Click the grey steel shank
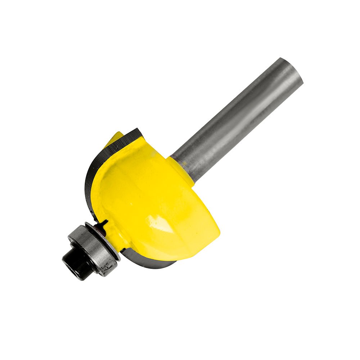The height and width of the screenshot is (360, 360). (238, 119)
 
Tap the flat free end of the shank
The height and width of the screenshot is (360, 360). (292, 70)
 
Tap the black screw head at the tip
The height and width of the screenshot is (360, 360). (72, 261)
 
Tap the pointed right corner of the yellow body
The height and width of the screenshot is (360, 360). (218, 229)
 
